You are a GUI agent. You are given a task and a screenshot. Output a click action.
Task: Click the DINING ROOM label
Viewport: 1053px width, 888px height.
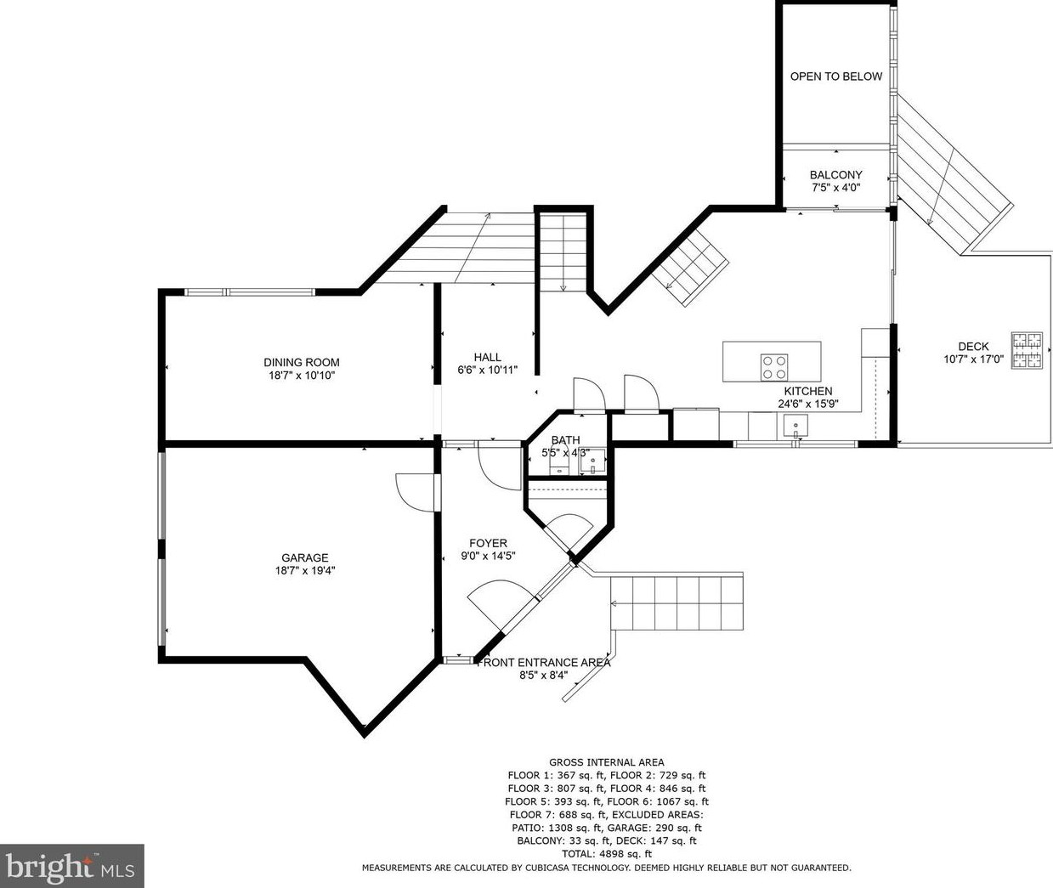302,362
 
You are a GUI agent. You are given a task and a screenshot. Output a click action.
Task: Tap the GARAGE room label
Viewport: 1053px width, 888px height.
304,557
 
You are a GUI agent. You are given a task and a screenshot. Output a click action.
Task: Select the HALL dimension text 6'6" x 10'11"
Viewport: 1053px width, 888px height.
488,370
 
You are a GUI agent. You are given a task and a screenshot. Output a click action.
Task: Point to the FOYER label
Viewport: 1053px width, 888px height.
488,543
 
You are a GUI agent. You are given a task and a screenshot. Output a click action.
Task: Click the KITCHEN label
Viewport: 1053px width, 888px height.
808,391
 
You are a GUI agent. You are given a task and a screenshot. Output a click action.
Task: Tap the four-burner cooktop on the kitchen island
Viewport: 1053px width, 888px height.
774,366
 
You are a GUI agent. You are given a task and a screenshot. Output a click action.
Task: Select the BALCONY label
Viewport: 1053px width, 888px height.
835,175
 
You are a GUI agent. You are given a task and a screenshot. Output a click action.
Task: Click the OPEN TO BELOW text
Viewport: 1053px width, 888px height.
836,76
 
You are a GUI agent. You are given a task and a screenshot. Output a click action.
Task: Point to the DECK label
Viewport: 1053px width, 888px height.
973,347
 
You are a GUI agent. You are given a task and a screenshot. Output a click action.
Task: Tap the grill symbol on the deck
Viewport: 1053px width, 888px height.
1027,350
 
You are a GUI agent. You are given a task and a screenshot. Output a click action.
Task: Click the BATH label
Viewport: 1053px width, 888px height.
565,440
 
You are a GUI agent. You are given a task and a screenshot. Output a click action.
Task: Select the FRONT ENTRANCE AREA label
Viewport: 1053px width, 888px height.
544,663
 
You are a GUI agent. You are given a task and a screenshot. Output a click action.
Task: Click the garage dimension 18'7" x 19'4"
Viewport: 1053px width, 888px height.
305,571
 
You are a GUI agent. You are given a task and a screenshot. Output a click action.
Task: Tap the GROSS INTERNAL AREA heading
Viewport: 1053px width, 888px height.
607,762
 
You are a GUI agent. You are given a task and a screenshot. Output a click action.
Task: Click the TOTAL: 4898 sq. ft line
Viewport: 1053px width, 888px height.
607,854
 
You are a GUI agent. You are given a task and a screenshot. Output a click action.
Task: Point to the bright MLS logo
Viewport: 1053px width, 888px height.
71,865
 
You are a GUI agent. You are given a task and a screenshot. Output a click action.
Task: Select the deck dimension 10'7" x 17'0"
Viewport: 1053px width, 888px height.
974,359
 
